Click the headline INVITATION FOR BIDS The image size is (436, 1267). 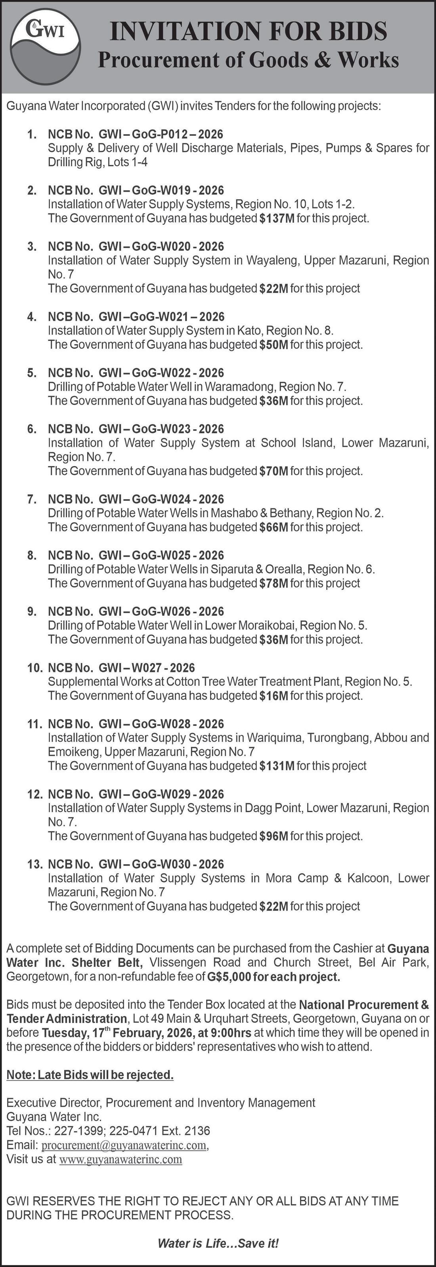248,30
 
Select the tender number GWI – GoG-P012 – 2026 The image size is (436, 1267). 161,134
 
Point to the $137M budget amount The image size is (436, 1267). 277,219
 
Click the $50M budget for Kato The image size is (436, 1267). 273,345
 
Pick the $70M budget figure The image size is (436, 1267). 273,471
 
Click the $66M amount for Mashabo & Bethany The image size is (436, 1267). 273,527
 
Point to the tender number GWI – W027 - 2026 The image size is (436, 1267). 147,668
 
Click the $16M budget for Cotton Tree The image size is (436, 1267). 273,696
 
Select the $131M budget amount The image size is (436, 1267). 277,766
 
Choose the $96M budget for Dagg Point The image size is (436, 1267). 273,836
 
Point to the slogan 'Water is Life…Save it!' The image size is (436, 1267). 218,1244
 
